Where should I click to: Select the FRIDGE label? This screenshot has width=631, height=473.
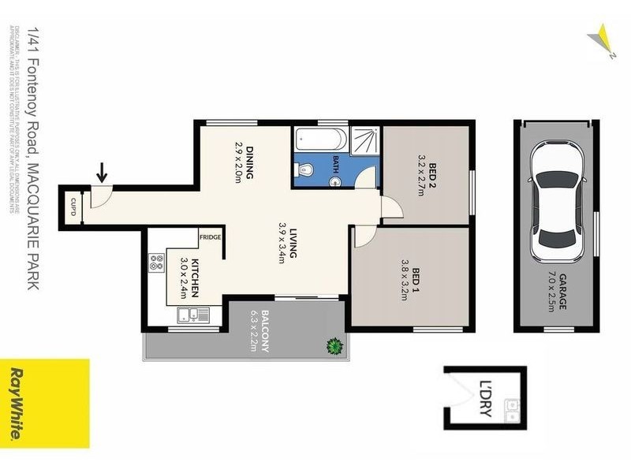coord(210,236)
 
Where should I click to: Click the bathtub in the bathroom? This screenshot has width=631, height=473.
coord(320,141)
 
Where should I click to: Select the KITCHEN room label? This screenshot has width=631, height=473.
coord(194,277)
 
